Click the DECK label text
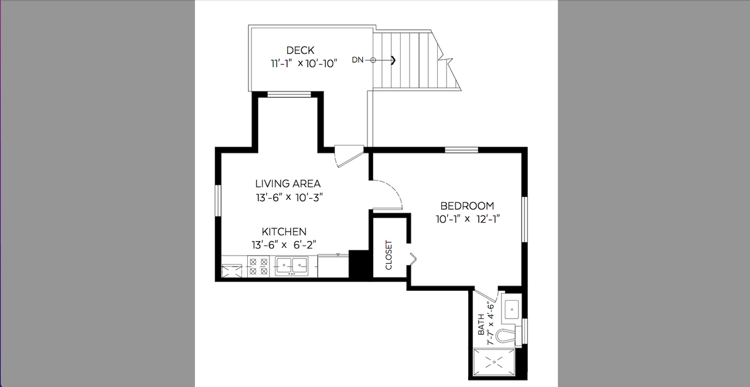pos(301,50)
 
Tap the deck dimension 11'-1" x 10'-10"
pos(304,63)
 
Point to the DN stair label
pos(357,60)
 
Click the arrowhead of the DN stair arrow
pos(393,60)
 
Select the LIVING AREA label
pos(288,184)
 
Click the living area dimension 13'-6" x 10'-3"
pos(289,198)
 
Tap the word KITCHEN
pos(284,232)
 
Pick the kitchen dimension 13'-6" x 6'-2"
pos(284,245)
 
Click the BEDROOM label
pos(467,205)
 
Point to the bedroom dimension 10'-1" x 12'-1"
pos(468,219)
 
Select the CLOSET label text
pos(388,255)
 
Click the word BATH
pos(481,324)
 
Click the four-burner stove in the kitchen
pos(258,266)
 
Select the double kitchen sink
pos(291,266)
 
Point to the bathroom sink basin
pos(512,310)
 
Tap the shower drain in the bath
pos(495,362)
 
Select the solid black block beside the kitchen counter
pos(359,264)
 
